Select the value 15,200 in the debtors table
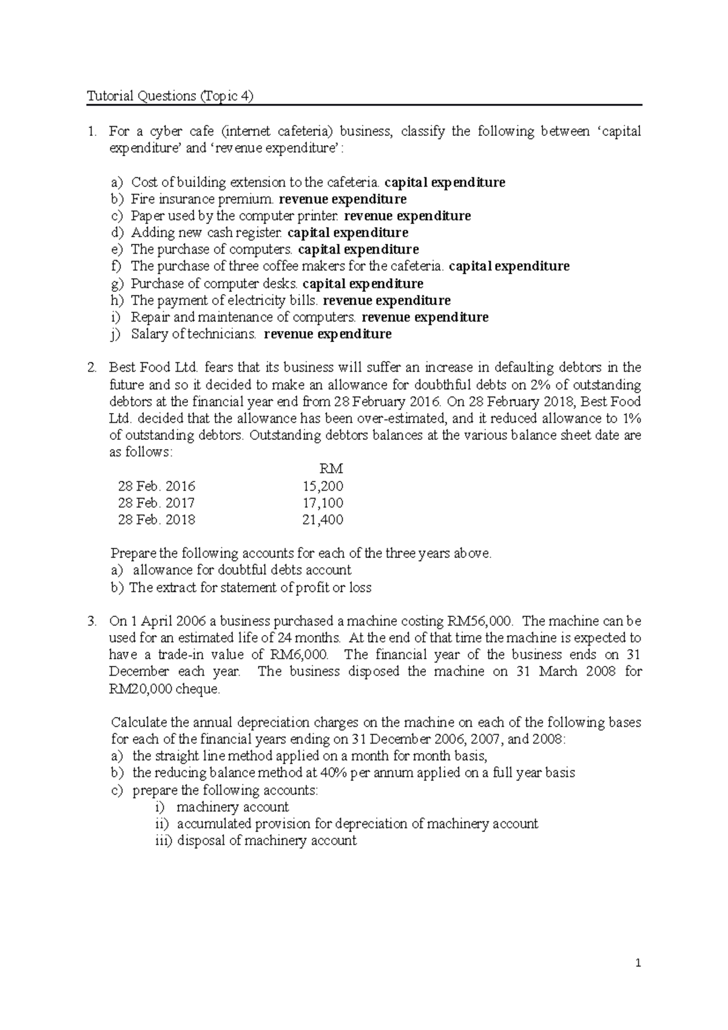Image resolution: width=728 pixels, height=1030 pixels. [323, 486]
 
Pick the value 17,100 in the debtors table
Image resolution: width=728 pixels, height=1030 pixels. [323, 503]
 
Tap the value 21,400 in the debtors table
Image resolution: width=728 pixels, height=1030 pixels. [323, 520]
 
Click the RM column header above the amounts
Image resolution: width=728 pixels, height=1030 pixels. [331, 469]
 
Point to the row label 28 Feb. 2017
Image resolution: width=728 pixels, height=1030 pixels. [157, 503]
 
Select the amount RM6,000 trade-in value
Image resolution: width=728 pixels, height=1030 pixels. [297, 655]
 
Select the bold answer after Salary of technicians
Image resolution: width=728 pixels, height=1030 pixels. [328, 334]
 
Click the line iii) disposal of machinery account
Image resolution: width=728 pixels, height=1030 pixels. [255, 841]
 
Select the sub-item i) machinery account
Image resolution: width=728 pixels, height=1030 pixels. [222, 807]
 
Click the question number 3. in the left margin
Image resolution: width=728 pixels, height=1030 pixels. [92, 621]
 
